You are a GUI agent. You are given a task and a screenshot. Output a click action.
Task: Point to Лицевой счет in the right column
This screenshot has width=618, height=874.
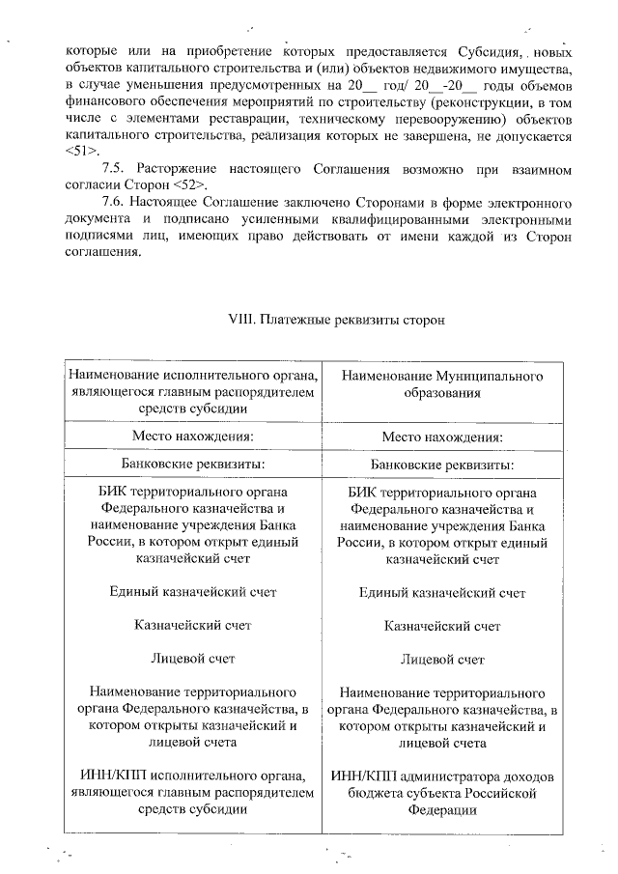(442, 660)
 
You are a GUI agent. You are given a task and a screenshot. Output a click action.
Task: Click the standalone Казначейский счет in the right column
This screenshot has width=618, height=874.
(442, 626)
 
